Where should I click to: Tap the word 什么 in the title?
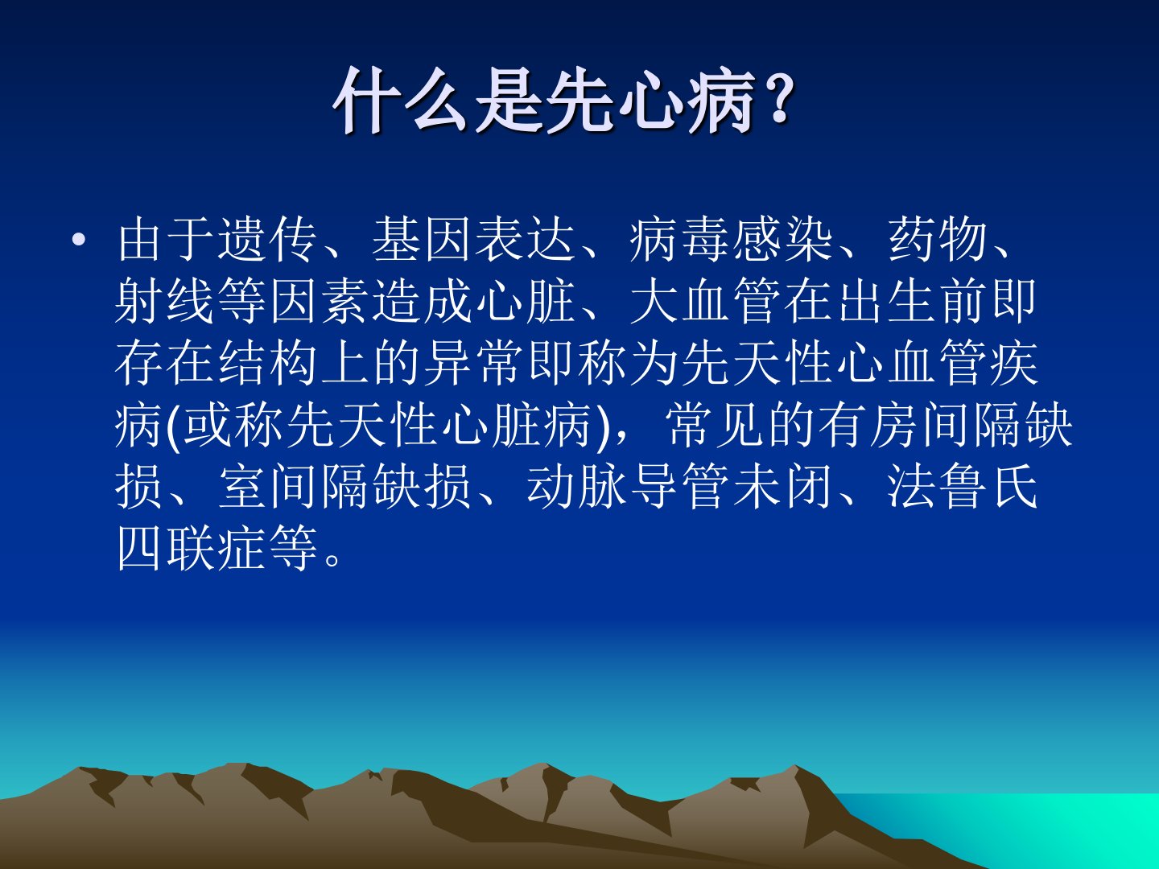[x=401, y=101]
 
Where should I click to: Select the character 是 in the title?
[x=509, y=101]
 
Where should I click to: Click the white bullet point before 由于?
[x=79, y=241]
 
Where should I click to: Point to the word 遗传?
[x=267, y=241]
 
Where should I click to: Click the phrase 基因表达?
[x=473, y=241]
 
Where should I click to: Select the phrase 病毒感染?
[x=732, y=241]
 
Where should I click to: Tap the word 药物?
[x=938, y=241]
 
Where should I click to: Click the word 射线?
[x=164, y=301]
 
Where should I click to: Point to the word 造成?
[x=422, y=301]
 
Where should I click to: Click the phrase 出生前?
[x=912, y=301]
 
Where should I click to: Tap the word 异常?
[x=473, y=362]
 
